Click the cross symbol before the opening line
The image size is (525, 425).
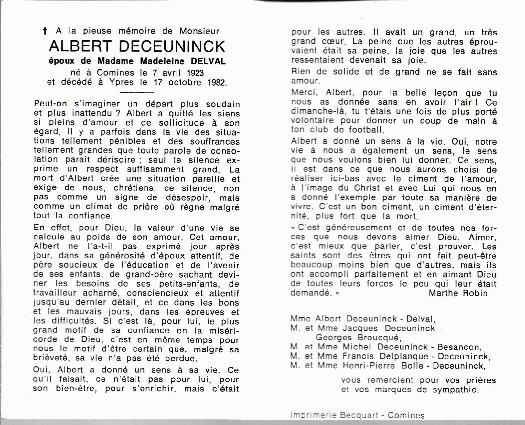click(45, 31)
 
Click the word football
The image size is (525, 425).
click(366, 130)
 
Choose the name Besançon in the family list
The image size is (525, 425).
click(459, 347)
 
